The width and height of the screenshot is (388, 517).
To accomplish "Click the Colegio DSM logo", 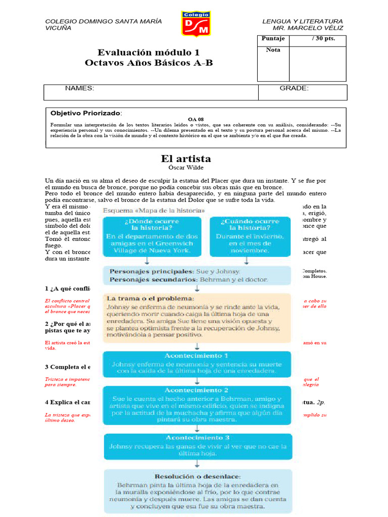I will [x=196, y=24].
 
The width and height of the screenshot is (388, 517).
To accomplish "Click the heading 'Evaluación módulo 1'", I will [x=149, y=53].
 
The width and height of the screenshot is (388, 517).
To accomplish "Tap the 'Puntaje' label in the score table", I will [x=273, y=39].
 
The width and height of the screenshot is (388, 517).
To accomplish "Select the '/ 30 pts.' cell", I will [x=323, y=39].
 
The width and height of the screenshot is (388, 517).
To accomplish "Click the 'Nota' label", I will [x=273, y=50].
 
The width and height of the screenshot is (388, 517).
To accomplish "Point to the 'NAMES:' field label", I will [x=79, y=88].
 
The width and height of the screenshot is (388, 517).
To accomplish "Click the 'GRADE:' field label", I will [x=294, y=88].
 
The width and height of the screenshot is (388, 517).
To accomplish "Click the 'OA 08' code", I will [x=196, y=119].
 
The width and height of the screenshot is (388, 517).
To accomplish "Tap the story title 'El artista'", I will [x=185, y=159].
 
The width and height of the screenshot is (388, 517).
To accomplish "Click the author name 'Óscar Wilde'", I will [x=185, y=168].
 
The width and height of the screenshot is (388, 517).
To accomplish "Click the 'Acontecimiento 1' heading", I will [x=197, y=355].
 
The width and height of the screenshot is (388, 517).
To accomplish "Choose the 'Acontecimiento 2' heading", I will [x=197, y=390].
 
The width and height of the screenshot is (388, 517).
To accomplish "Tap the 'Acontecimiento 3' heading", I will [x=197, y=438].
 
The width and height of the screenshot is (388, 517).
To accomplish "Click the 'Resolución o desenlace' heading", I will [x=198, y=476].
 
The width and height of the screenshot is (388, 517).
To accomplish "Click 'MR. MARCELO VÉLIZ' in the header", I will [x=308, y=28].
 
